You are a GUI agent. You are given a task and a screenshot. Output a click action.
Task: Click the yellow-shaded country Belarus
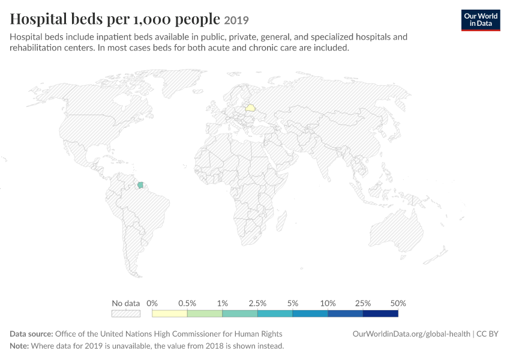click(x=250, y=107)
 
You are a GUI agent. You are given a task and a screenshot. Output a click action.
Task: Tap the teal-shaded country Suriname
click(x=140, y=185)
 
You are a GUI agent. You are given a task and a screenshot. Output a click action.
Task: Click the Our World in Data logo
click(x=481, y=20)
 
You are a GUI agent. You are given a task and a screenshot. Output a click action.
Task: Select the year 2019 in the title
click(x=236, y=20)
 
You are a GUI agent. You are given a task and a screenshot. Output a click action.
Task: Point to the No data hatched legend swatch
click(x=126, y=313)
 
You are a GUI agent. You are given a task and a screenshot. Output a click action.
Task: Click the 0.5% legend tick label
click(x=187, y=304)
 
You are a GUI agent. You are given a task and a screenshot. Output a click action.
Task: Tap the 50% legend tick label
click(x=398, y=304)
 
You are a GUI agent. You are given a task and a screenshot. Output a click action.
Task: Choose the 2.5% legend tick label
click(x=257, y=304)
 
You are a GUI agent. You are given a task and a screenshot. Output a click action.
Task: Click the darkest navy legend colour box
click(x=380, y=313)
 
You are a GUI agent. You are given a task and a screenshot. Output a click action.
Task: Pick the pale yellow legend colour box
click(x=170, y=313)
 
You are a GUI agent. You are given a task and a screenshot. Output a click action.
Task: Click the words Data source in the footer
click(x=31, y=334)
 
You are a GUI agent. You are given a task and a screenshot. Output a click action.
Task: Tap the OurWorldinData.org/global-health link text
click(x=412, y=334)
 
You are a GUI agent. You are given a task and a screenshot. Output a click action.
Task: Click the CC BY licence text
click(x=487, y=334)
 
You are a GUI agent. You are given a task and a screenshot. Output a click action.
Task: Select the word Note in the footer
click(x=19, y=346)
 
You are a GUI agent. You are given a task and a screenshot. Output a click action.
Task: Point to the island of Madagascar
click(x=281, y=221)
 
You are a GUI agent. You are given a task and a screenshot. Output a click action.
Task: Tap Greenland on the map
click(x=181, y=82)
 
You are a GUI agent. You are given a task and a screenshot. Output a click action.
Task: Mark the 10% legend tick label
click(x=328, y=304)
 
